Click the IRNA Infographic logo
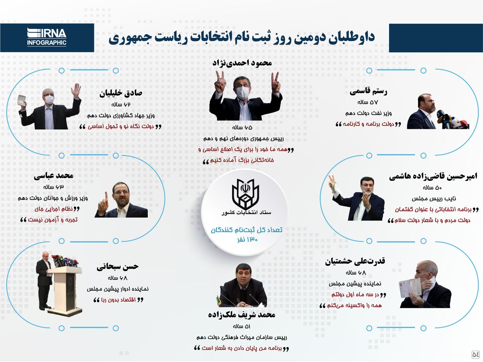pyautogui.click(x=47, y=37)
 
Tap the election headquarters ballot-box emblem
pyautogui.click(x=245, y=194)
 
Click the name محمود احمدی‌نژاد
pyautogui.click(x=242, y=63)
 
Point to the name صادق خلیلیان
pyautogui.click(x=121, y=93)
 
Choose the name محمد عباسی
pyautogui.click(x=54, y=176)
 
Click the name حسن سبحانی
pyautogui.click(x=117, y=267)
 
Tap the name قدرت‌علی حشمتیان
pyautogui.click(x=355, y=261)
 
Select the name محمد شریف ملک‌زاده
pyautogui.click(x=241, y=315)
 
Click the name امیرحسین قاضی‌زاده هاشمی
pyautogui.click(x=433, y=176)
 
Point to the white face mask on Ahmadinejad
pyautogui.click(x=243, y=93)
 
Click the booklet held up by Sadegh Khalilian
pyautogui.click(x=22, y=101)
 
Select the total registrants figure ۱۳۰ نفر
pyautogui.click(x=247, y=239)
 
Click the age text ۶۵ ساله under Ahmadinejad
pyautogui.click(x=242, y=128)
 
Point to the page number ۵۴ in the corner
pyautogui.click(x=476, y=354)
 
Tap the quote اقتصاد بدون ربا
pyautogui.click(x=118, y=300)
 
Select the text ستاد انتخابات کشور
pyautogui.click(x=246, y=213)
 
